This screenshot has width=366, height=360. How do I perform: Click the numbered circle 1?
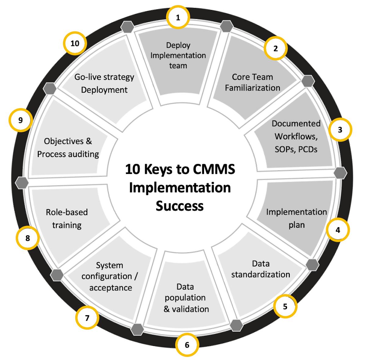point(178,17)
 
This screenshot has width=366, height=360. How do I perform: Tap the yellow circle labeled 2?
point(275,48)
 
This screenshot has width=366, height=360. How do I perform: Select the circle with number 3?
point(340,130)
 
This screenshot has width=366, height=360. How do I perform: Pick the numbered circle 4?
point(337,230)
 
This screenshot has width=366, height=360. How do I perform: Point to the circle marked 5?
point(285,306)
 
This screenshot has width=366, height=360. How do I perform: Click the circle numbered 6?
point(187,345)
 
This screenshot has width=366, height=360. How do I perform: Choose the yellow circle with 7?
point(87,318)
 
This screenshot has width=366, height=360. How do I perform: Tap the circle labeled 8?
point(28,238)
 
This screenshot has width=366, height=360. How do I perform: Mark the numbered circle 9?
point(20,120)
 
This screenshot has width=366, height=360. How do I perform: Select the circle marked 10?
point(75,43)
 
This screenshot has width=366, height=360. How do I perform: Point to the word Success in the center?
point(180,206)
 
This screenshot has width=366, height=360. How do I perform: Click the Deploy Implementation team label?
point(178,55)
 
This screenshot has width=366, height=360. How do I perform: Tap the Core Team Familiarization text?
point(252,82)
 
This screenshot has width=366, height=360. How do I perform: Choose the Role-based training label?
point(67,219)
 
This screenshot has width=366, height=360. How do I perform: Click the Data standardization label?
point(260,269)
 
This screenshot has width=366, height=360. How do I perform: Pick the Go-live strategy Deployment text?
point(104,83)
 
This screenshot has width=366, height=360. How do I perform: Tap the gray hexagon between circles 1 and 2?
point(227,26)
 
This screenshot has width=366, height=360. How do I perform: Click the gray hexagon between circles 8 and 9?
point(22,183)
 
